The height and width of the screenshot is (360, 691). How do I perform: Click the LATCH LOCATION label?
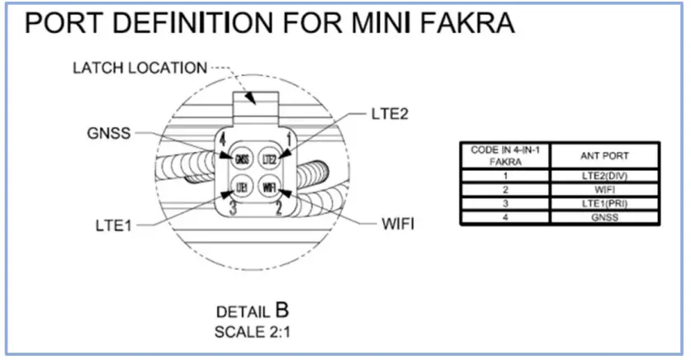[138, 67]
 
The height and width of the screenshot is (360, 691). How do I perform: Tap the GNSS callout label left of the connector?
[108, 132]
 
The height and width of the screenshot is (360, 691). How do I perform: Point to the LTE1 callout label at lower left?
[112, 225]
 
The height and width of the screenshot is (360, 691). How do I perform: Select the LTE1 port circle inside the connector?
[242, 187]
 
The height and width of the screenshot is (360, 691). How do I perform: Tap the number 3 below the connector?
[233, 209]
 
